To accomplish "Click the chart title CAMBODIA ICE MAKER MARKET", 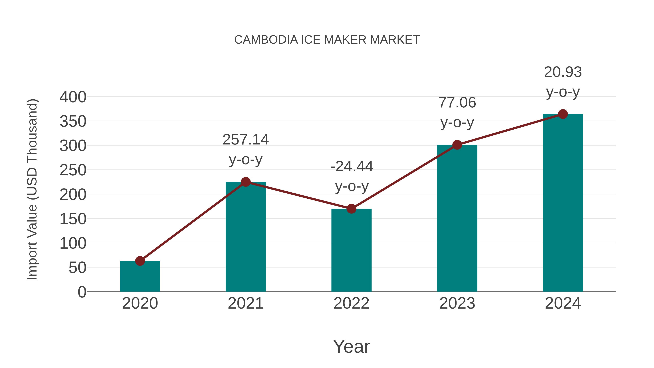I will click(x=327, y=40).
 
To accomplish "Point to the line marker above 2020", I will click(x=140, y=261).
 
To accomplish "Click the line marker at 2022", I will click(x=351, y=209).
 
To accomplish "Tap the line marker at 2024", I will click(x=563, y=114).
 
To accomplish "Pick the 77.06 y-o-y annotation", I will click(x=457, y=112).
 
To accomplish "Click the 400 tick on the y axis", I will click(x=73, y=97).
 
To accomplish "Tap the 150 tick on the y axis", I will click(x=73, y=219).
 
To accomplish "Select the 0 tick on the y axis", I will click(x=82, y=292).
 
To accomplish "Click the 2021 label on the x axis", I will click(x=245, y=303).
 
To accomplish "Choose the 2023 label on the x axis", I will click(x=457, y=303).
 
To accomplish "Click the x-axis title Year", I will click(x=351, y=346).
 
